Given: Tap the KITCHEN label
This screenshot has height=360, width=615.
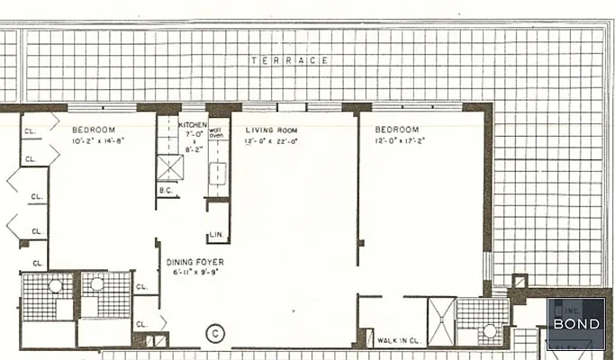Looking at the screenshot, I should point(193,125).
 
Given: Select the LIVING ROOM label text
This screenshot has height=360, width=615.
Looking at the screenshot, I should point(272,130).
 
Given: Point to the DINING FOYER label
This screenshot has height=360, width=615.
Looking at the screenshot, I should point(195,262).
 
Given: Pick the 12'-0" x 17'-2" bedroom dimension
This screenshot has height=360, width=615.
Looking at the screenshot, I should point(400,141).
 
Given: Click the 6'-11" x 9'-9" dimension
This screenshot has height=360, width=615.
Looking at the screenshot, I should point(195,272).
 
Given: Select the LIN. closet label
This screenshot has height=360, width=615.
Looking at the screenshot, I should point(216,236).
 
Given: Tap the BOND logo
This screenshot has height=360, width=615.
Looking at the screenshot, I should point(576,324).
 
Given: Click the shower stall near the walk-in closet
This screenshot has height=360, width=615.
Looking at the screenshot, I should point(442,322).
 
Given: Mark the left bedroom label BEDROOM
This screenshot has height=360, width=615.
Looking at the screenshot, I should point(94,130).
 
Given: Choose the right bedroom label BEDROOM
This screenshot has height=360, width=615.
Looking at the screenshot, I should point(397,130).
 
